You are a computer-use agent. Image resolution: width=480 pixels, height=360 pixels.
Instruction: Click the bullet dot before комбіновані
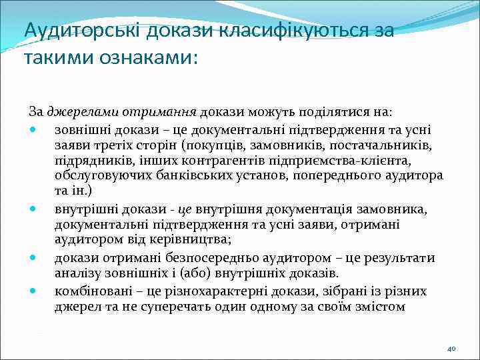coord(33,291)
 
